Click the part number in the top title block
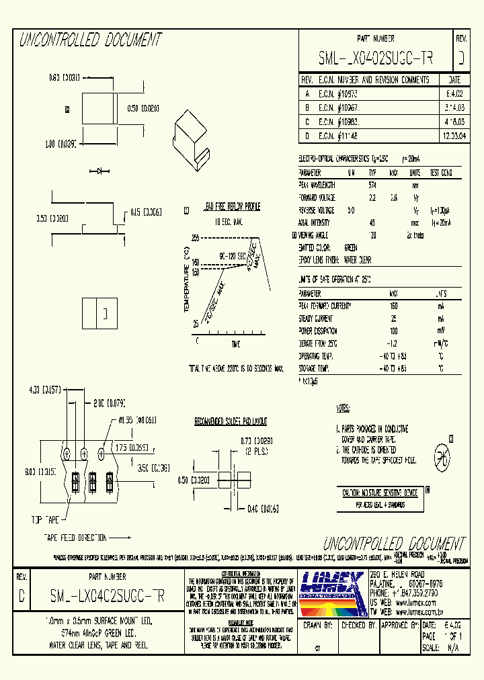376,60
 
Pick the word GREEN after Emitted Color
351,247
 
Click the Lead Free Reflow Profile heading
232,207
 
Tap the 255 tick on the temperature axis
196,239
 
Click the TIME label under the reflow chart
235,344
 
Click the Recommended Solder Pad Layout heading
231,422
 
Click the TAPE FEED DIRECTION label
75,538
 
